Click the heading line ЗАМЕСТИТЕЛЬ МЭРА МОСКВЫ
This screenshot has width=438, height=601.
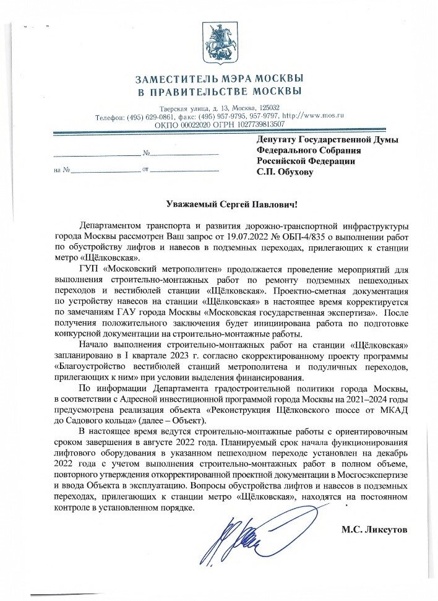pyautogui.click(x=219, y=80)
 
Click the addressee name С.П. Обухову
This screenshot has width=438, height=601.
pyautogui.click(x=285, y=172)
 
